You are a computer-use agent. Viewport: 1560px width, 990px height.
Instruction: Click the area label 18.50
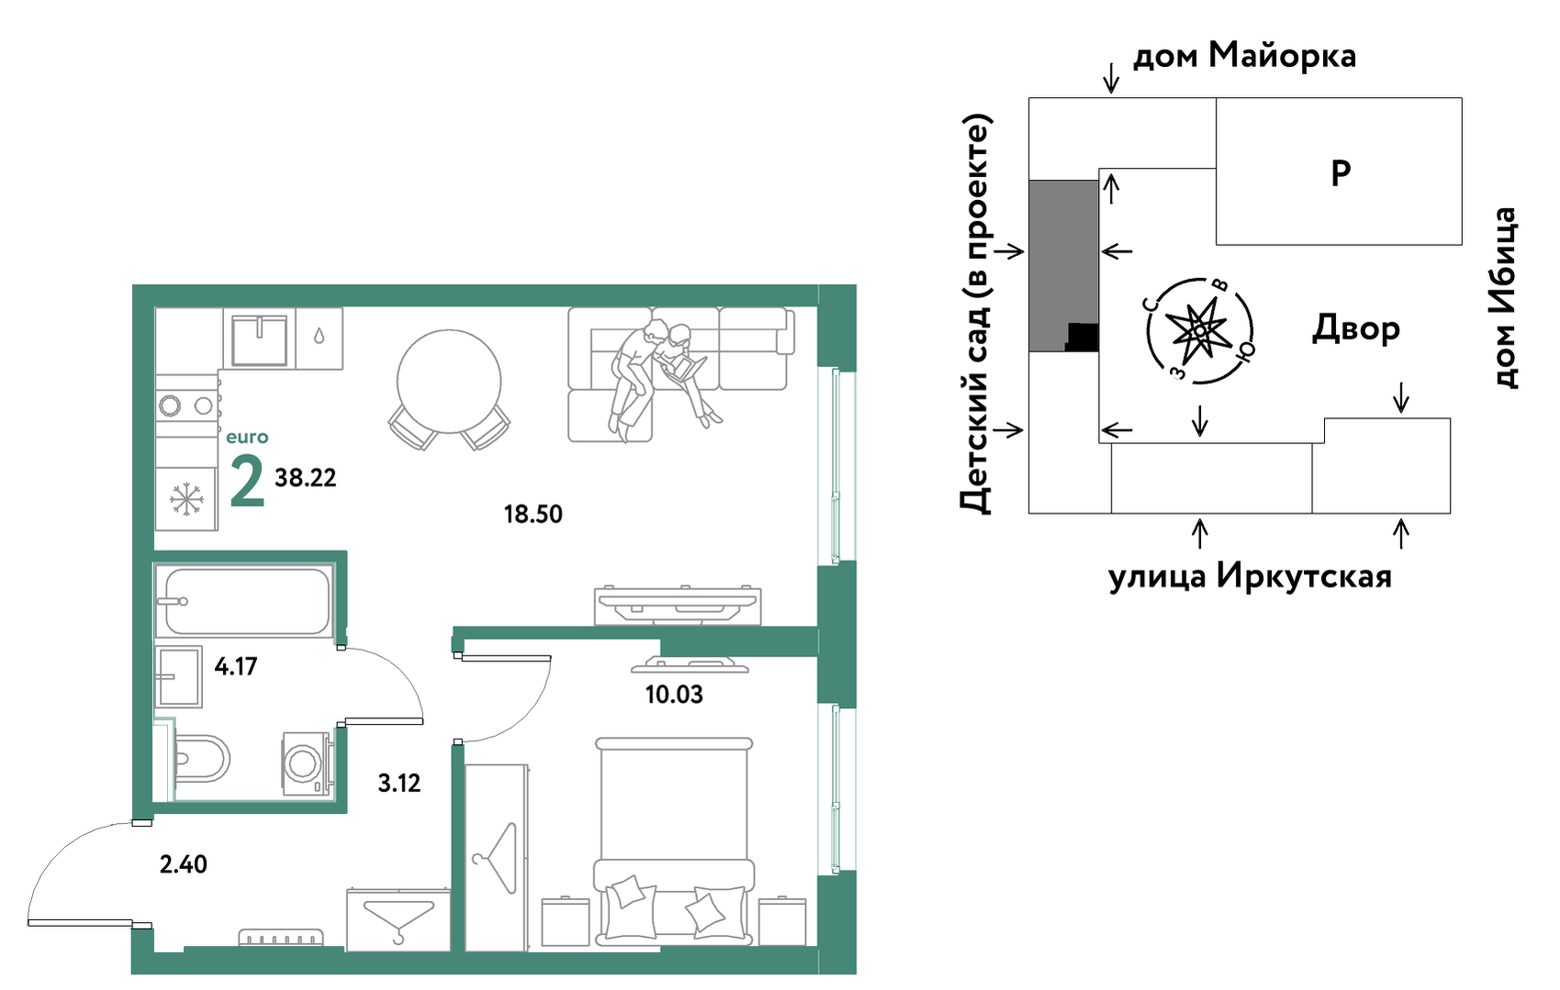tap(533, 514)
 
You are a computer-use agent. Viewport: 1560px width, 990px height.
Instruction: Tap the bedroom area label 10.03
tap(674, 695)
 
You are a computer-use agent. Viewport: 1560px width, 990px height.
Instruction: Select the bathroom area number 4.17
tap(236, 666)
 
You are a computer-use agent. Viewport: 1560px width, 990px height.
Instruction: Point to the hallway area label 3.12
tap(399, 784)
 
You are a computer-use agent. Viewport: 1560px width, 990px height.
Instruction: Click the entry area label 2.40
tap(183, 864)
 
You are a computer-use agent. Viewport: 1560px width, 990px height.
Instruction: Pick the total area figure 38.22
tap(305, 478)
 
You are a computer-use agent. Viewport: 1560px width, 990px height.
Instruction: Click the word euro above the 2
tap(247, 437)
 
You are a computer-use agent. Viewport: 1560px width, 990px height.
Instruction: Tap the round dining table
tap(449, 382)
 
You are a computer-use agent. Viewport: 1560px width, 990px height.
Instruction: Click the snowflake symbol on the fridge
tap(186, 499)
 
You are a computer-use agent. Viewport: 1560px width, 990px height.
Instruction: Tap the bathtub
tap(244, 600)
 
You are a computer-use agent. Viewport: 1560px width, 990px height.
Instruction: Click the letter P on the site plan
tap(1341, 173)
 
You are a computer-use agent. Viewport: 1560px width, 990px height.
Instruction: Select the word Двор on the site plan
tap(1356, 328)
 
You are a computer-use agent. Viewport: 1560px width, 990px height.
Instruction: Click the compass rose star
tap(1199, 331)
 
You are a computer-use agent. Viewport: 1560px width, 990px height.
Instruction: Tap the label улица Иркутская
tap(1250, 576)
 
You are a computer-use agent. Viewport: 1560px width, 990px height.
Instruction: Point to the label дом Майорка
tap(1244, 56)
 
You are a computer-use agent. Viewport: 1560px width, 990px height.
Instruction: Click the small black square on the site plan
tap(1083, 337)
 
